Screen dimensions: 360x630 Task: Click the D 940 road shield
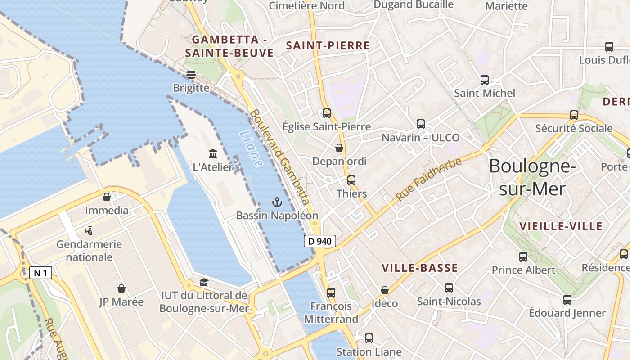320,241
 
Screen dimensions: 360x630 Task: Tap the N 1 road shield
40,272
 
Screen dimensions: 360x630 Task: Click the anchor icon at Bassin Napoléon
277,202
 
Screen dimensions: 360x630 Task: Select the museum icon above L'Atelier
213,153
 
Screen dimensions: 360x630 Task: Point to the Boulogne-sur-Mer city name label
532,177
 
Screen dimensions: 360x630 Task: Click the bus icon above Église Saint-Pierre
327,113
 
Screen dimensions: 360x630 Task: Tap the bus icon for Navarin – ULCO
421,124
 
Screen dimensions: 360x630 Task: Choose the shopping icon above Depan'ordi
339,148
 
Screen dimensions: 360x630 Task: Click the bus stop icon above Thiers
351,180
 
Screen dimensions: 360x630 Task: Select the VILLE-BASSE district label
419,268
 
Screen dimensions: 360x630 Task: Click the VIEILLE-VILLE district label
561,226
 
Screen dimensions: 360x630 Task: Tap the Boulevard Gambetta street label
280,157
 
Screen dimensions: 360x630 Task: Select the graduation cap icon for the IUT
204,282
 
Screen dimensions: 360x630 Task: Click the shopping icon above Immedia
107,197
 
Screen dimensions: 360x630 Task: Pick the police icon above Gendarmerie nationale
89,231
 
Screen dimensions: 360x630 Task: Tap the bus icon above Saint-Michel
485,80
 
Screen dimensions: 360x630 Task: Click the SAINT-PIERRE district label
328,45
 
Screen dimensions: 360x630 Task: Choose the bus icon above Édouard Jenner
567,299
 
